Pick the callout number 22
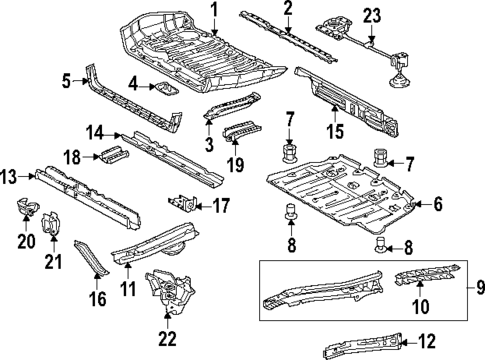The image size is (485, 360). [168, 339]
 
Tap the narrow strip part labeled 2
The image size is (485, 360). [290, 32]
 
